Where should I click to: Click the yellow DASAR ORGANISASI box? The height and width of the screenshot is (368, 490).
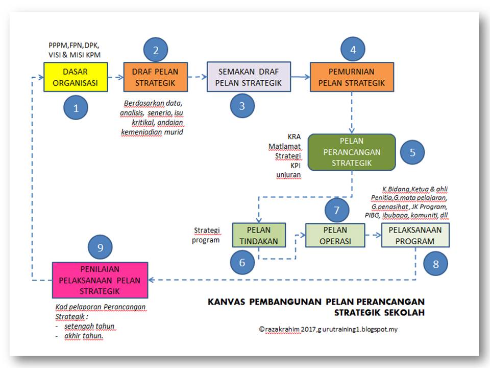click(x=76, y=77)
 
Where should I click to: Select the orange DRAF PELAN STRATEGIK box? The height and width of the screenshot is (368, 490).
click(x=155, y=77)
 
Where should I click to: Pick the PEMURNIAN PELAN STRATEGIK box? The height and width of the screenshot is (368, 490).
click(x=352, y=77)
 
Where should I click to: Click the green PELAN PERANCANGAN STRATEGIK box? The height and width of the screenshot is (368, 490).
click(x=352, y=152)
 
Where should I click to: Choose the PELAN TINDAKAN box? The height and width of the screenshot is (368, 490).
click(x=259, y=235)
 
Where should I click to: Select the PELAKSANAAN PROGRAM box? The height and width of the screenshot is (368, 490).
click(x=415, y=235)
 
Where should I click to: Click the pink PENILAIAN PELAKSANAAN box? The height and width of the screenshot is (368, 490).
click(x=100, y=280)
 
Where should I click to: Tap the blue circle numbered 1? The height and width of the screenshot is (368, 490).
click(x=76, y=108)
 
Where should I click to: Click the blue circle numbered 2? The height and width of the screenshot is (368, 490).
click(x=156, y=50)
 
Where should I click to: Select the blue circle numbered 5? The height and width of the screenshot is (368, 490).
click(x=412, y=152)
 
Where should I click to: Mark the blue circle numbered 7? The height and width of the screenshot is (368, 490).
click(x=336, y=210)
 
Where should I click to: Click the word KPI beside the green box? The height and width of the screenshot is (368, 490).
click(x=296, y=166)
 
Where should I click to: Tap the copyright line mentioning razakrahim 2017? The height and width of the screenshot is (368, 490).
click(x=328, y=330)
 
